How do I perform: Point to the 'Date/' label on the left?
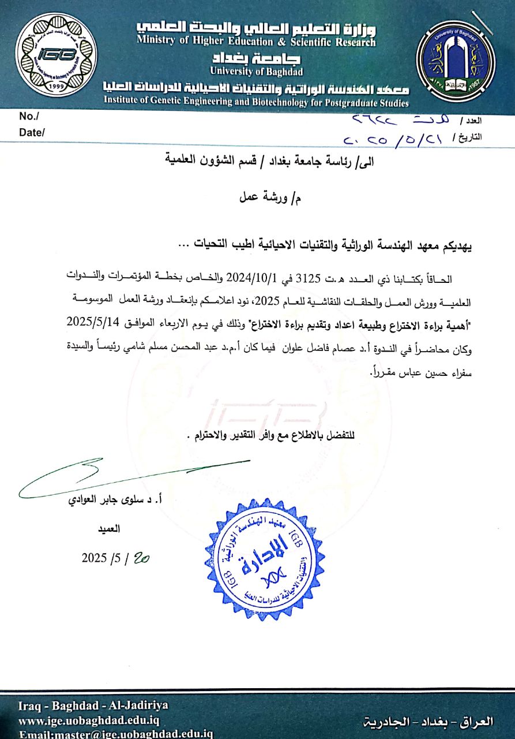[x=32, y=132]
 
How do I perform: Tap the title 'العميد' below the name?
[x=110, y=528]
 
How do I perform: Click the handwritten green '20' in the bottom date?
[x=141, y=558]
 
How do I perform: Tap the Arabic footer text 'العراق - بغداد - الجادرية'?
[x=430, y=720]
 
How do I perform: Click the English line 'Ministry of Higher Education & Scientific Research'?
[x=256, y=42]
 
